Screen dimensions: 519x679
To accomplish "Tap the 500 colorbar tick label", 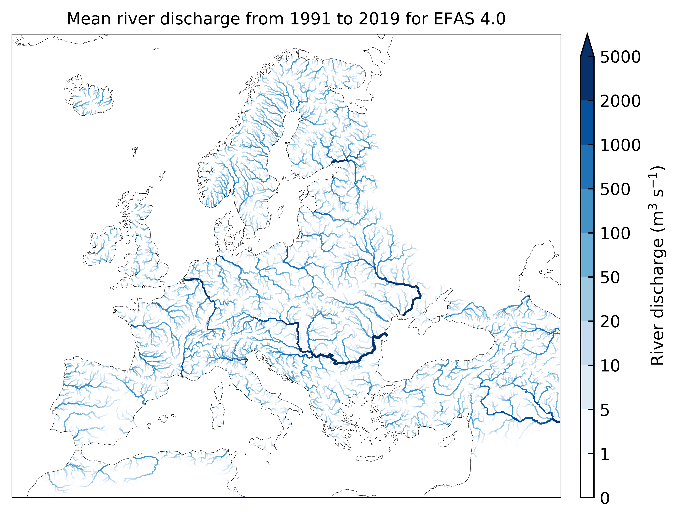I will tap(615, 189).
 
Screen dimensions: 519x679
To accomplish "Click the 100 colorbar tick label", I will tap(615, 234).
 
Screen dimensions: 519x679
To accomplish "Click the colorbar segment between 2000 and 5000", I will tap(587, 79).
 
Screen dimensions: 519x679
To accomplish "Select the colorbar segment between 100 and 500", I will tap(587, 211).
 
